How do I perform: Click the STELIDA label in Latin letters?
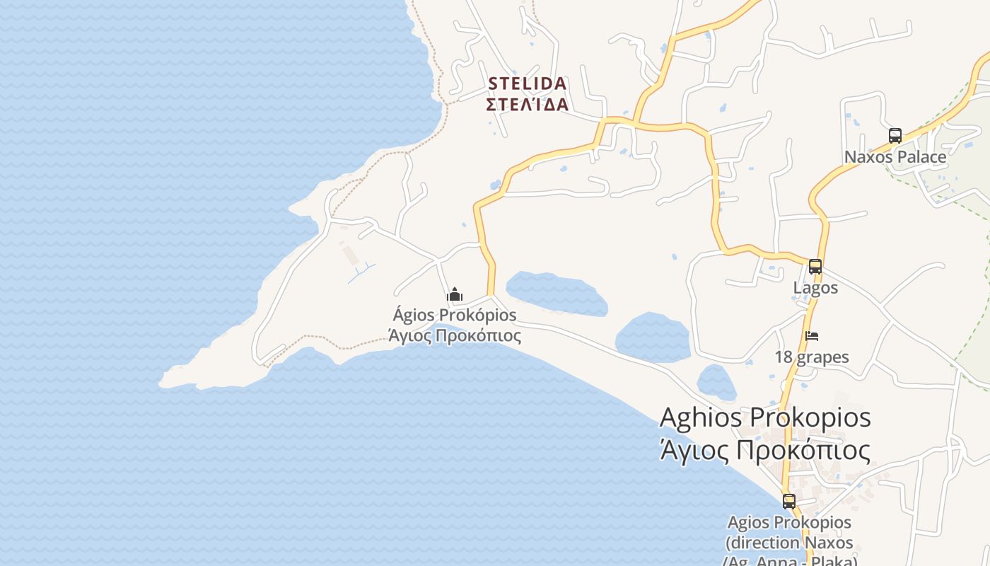527,83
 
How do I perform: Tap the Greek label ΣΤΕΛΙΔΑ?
527,105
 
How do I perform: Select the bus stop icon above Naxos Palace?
895,135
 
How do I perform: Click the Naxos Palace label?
895,157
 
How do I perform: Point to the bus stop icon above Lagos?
815,267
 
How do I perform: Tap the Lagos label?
815,288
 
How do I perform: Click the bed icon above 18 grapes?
812,336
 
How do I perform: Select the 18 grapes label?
812,357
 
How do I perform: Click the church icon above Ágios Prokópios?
455,294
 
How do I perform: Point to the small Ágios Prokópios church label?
455,315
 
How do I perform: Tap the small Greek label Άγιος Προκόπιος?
455,335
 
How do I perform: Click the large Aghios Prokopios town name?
765,417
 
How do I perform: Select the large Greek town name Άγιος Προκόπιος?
764,450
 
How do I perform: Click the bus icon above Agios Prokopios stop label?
789,501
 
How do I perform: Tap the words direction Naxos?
789,543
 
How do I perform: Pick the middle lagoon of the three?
653,337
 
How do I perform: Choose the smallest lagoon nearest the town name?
716,383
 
